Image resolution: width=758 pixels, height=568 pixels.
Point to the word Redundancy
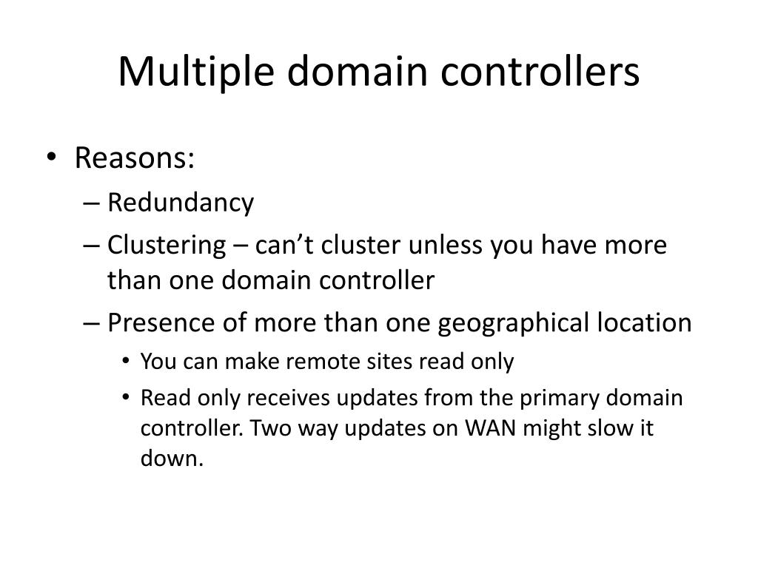181,203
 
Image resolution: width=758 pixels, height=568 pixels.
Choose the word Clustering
167,245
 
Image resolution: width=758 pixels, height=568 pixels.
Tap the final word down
171,459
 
